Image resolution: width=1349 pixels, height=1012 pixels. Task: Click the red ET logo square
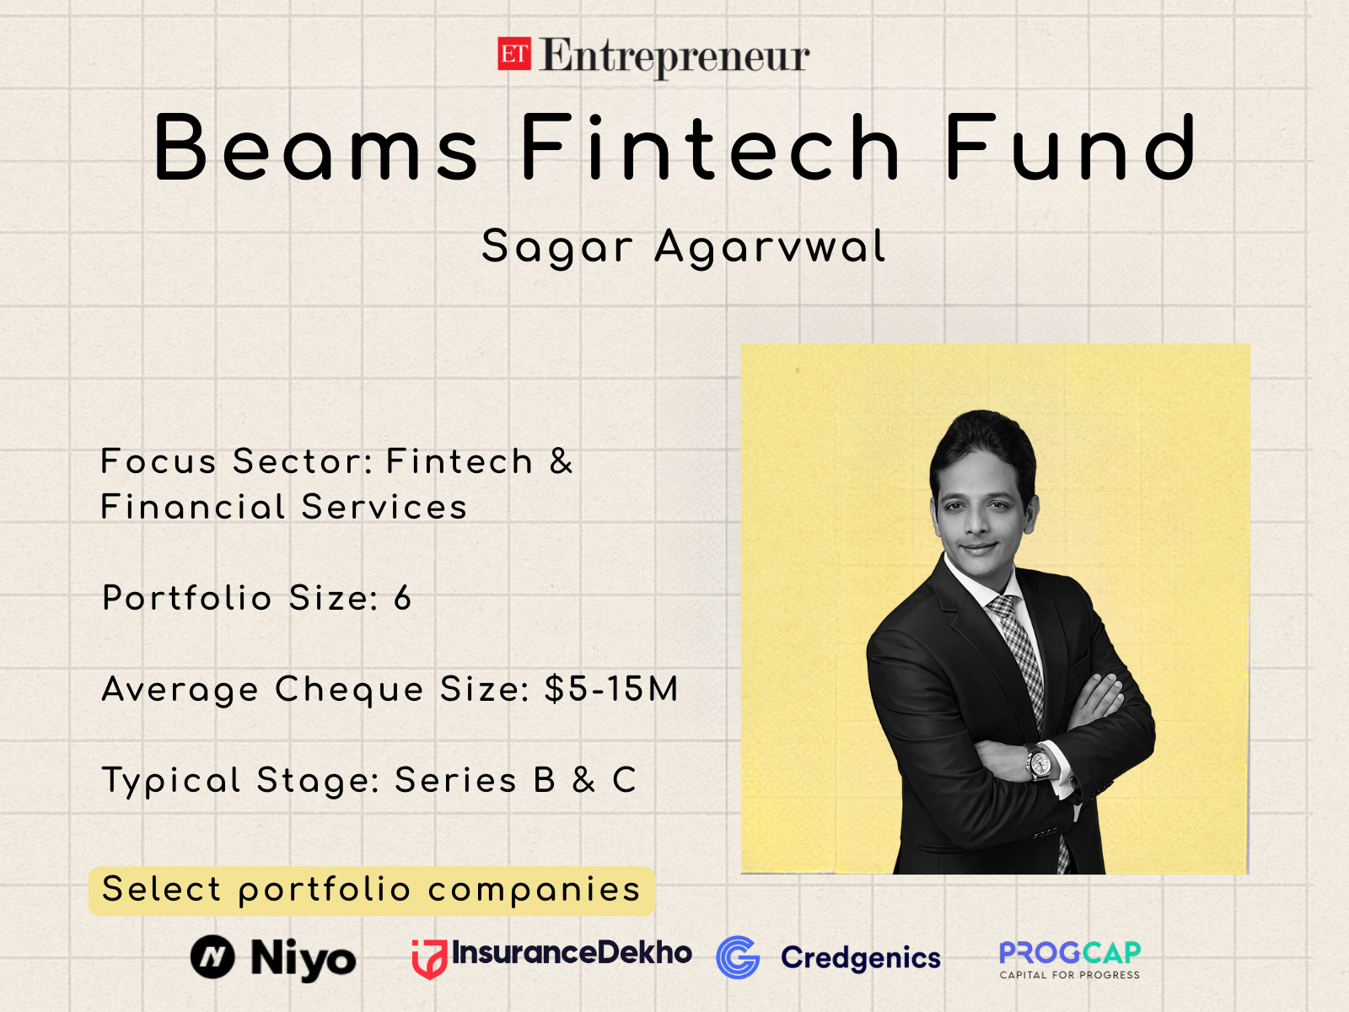[513, 54]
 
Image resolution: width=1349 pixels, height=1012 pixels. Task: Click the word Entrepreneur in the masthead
[674, 57]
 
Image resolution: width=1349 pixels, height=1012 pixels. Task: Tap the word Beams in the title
[316, 149]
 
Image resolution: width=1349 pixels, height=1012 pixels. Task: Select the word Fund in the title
[1071, 149]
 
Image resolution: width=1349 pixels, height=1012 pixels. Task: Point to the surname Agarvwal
[770, 247]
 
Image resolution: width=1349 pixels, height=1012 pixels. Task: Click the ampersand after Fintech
[562, 461]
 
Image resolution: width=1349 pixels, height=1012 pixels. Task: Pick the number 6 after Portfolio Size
[403, 598]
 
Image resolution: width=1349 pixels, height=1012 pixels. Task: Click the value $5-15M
[611, 689]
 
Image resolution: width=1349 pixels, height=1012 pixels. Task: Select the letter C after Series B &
[624, 780]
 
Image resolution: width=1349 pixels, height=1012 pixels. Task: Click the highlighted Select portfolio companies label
[371, 890]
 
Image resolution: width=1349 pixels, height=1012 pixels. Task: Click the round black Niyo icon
[212, 957]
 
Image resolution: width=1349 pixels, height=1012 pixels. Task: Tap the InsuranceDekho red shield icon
[429, 959]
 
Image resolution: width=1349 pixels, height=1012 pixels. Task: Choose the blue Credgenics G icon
[738, 957]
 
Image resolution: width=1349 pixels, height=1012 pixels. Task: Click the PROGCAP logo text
[1069, 953]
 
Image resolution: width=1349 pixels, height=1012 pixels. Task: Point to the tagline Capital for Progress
[1069, 975]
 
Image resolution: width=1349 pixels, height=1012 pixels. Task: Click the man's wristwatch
[1040, 763]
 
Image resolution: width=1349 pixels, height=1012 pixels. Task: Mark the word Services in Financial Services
[384, 507]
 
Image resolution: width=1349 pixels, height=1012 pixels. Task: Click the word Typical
[171, 781]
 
